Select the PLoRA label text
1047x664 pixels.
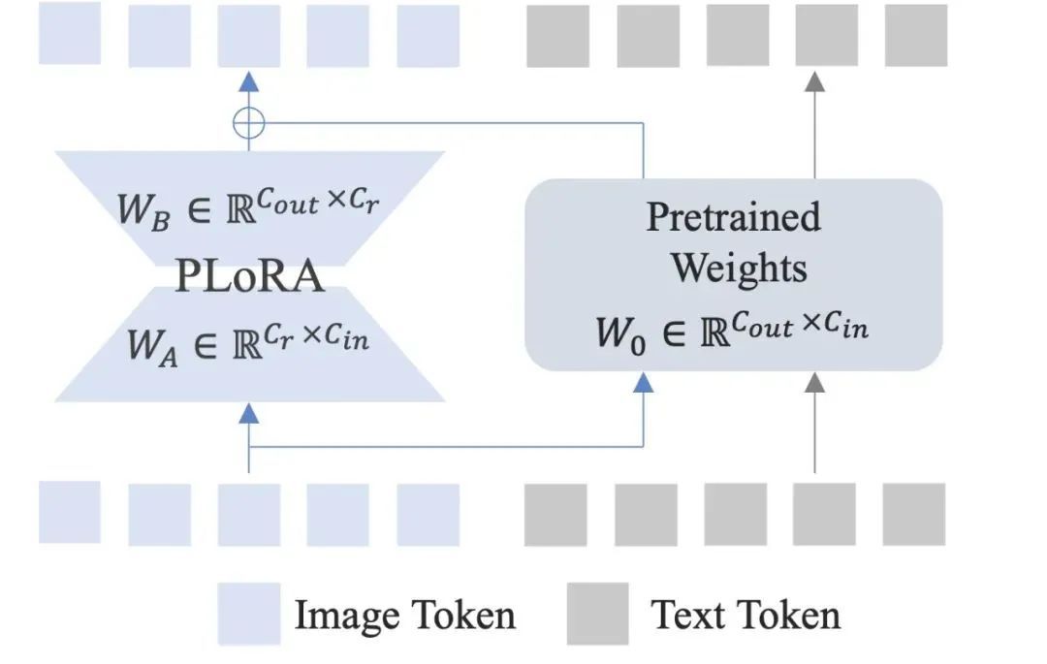tap(249, 276)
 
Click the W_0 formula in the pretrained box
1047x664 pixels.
tap(733, 330)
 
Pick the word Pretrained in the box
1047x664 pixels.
tap(733, 216)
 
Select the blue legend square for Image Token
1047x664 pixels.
tap(248, 614)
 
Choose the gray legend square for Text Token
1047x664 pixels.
tap(597, 614)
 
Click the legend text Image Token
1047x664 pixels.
tap(404, 615)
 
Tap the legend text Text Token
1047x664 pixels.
tap(745, 615)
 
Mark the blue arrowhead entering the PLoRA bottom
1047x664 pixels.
tap(249, 414)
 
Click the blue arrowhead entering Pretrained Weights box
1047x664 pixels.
tap(643, 383)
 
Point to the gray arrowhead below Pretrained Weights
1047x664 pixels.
tap(815, 383)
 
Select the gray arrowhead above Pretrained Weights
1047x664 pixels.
tap(815, 83)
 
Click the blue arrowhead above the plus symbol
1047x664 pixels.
tap(249, 82)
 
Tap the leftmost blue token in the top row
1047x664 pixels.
tap(70, 34)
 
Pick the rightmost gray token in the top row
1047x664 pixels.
tap(916, 36)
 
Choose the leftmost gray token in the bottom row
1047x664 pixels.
tap(555, 514)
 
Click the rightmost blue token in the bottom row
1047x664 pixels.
tap(428, 514)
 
